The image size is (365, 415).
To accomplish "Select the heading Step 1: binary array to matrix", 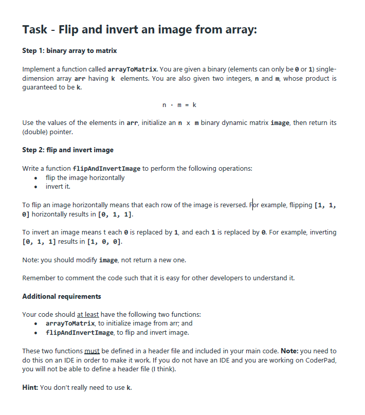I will pyautogui.click(x=69, y=50).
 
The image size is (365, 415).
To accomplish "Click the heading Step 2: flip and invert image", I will pyautogui.click(x=68, y=150).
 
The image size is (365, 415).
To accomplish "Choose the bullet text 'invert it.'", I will pyautogui.click(x=58, y=186).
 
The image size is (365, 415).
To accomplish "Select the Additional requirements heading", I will pyautogui.click(x=62, y=296).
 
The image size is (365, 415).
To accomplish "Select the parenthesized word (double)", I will pyautogui.click(x=35, y=132).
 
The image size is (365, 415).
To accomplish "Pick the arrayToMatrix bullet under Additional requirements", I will pyautogui.click(x=70, y=323).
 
